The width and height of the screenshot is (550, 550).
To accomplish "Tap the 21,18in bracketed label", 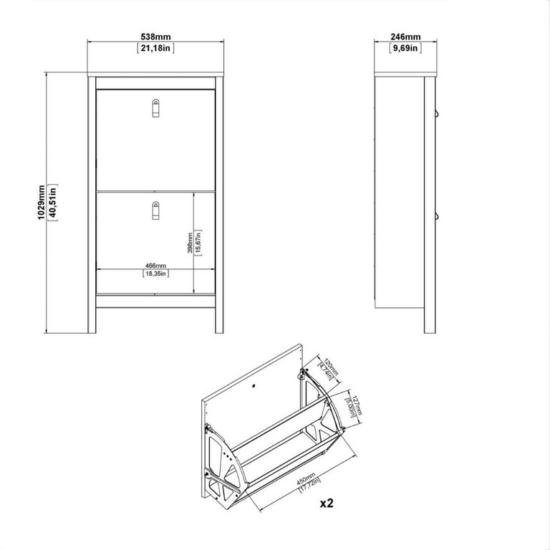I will [156, 48].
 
